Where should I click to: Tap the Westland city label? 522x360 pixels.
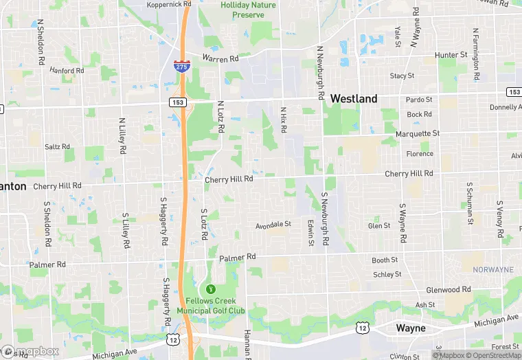point(354,99)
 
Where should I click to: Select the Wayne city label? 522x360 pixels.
point(411,328)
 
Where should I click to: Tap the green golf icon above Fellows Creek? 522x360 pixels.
point(211,288)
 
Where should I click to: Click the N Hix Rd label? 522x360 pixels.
point(283,120)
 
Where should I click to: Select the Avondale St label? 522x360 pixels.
point(273,224)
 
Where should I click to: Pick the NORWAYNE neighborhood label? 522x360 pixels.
point(492,270)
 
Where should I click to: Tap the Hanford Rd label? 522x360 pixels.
point(67,70)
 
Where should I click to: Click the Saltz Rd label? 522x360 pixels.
point(57,146)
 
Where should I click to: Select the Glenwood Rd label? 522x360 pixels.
point(448,290)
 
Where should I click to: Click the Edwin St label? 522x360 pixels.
point(310,233)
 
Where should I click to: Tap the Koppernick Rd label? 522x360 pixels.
point(168,4)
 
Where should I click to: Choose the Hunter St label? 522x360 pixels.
point(451,55)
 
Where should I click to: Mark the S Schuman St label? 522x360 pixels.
point(469,203)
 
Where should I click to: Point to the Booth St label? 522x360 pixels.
point(385,260)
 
